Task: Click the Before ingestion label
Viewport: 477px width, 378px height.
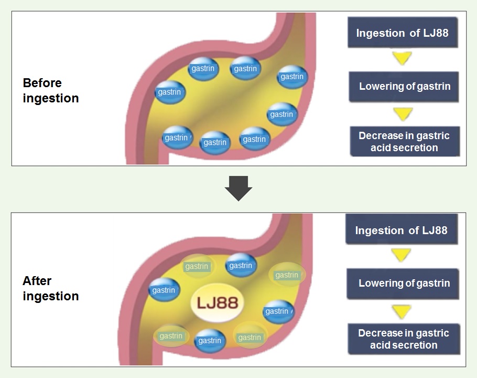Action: (51, 90)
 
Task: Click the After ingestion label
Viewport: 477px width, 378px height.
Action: (51, 288)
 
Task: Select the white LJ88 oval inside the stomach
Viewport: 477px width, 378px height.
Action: (218, 302)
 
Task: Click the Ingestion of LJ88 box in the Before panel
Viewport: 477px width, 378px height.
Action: (402, 33)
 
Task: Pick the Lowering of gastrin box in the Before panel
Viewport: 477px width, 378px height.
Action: (404, 87)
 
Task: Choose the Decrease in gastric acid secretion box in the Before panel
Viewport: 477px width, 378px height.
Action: (404, 141)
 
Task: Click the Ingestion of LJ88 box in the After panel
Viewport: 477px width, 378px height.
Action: (401, 230)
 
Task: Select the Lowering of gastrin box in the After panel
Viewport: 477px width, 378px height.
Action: (404, 283)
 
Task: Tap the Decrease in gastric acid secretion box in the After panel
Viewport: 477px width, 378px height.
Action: (404, 339)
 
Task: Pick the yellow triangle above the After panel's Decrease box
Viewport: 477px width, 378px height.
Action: (402, 311)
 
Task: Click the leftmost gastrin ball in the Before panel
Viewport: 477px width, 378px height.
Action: (169, 92)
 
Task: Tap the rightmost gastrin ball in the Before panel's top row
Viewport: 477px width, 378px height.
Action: (291, 77)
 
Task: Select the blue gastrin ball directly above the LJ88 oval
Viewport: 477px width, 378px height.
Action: (241, 266)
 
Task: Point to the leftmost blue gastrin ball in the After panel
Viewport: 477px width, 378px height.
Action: (164, 290)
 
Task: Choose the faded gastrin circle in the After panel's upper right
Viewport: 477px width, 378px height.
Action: (287, 275)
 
